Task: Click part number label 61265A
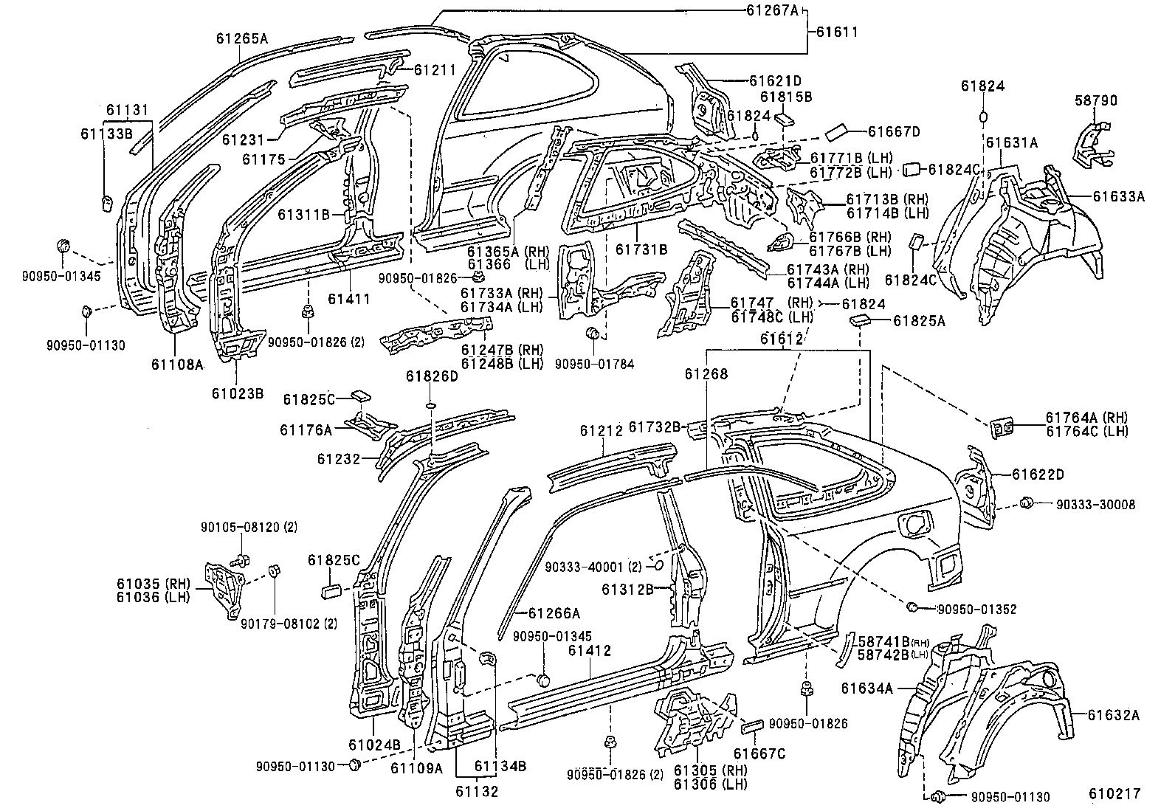241,38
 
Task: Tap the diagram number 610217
1114,794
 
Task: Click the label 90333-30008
1095,505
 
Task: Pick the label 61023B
238,393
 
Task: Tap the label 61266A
554,612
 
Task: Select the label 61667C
759,753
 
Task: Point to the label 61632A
1114,714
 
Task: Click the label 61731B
641,250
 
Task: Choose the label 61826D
432,376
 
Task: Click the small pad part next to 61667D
839,132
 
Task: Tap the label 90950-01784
594,364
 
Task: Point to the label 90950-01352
976,609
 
